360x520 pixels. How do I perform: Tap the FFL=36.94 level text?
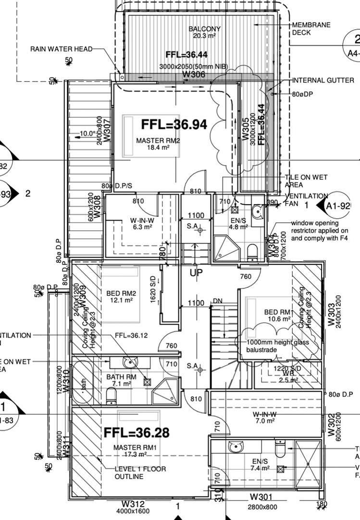point(174,124)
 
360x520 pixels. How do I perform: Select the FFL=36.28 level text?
point(137,433)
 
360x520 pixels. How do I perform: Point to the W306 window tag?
point(194,74)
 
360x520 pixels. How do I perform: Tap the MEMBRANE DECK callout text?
point(311,29)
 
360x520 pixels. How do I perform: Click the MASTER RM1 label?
point(133,447)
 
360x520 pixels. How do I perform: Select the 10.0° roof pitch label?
point(87,133)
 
